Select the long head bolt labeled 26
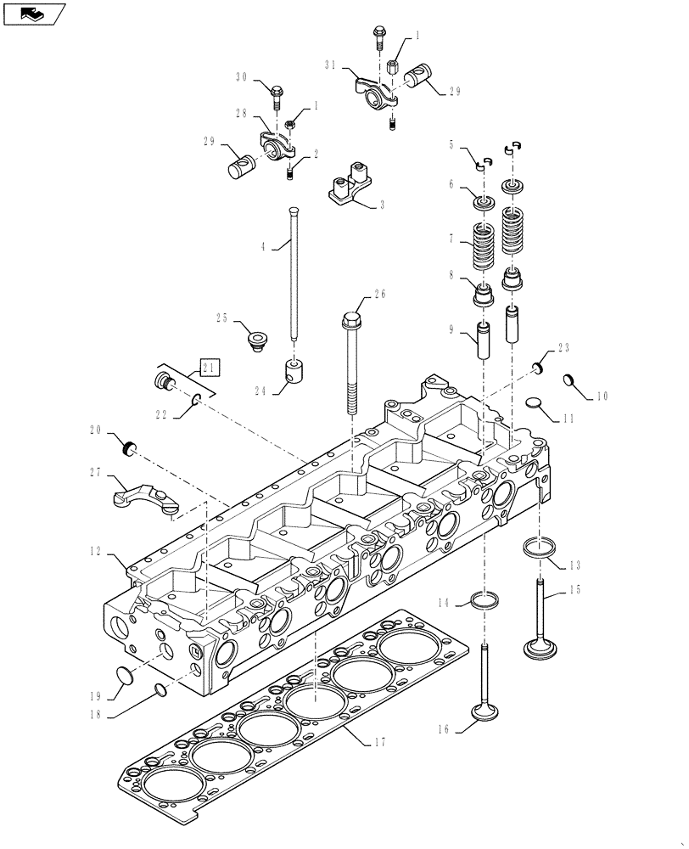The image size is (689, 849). coord(352,361)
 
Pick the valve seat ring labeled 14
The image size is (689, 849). coord(483,602)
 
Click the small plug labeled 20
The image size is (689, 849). coord(130,447)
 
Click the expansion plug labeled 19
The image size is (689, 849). coord(125,676)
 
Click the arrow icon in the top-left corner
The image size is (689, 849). coord(33,13)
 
